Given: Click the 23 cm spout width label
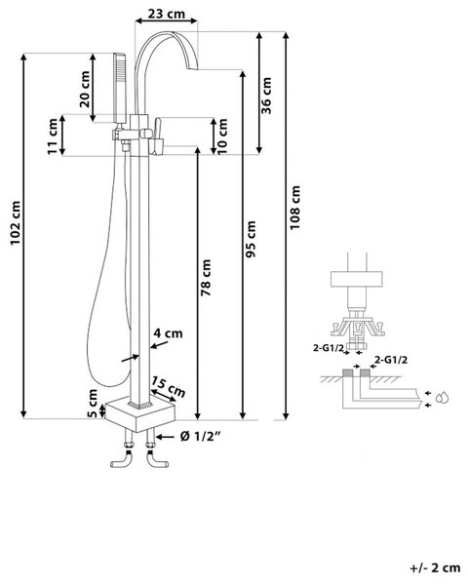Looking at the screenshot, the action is click(x=166, y=14).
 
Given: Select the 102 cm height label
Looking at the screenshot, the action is click(x=16, y=223).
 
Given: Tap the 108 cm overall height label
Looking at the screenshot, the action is click(x=294, y=208).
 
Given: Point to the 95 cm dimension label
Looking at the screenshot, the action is click(x=251, y=239).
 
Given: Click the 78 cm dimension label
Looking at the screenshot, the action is click(x=206, y=278).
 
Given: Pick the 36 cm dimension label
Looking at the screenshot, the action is click(x=266, y=96).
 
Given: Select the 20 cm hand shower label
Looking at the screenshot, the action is click(x=85, y=89).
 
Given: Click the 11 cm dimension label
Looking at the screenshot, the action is click(x=53, y=136).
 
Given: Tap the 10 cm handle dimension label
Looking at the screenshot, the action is click(x=221, y=136).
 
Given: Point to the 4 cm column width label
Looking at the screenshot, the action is click(x=169, y=332).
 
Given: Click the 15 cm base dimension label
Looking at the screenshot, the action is click(x=169, y=387).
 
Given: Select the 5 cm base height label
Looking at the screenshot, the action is click(x=93, y=404).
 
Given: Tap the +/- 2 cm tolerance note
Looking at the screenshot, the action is click(x=435, y=567).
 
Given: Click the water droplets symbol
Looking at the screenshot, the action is click(x=443, y=398).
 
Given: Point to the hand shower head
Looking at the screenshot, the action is click(x=120, y=89).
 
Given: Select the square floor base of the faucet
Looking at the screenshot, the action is click(x=140, y=414).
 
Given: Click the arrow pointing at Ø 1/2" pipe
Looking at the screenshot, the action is click(x=165, y=436).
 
